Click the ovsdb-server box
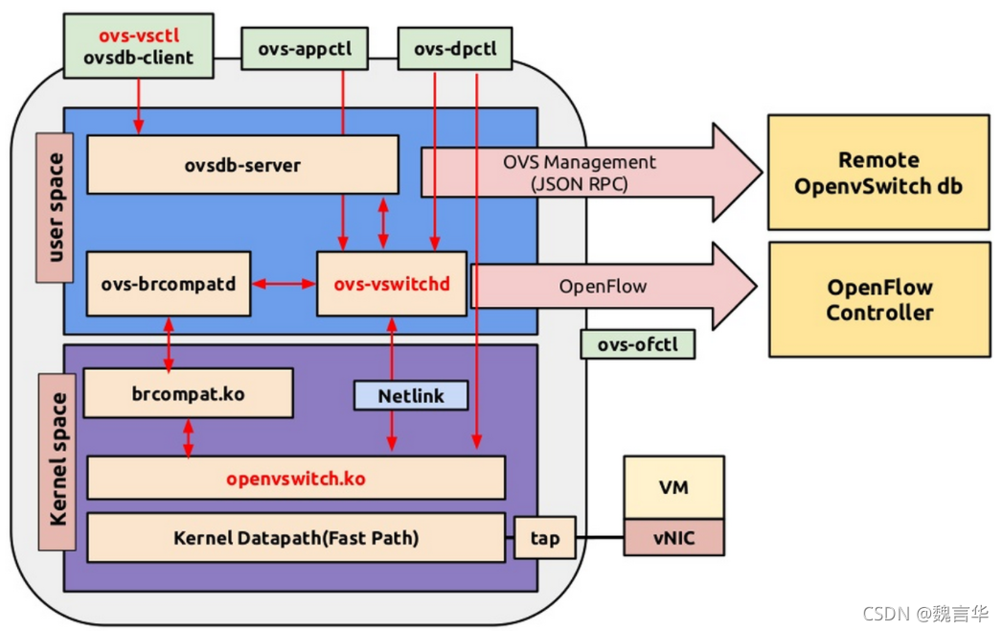(x=242, y=164)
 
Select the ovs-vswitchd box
(x=392, y=284)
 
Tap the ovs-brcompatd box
(x=168, y=284)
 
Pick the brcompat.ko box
(x=188, y=393)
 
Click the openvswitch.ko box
(x=295, y=478)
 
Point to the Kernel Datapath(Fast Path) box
(x=295, y=537)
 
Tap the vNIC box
(x=673, y=538)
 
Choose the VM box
(x=673, y=487)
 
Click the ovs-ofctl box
(x=637, y=344)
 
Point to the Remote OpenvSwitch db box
(x=878, y=173)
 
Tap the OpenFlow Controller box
(x=878, y=299)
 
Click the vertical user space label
(x=55, y=208)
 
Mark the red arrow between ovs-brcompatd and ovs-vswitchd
(x=284, y=284)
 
